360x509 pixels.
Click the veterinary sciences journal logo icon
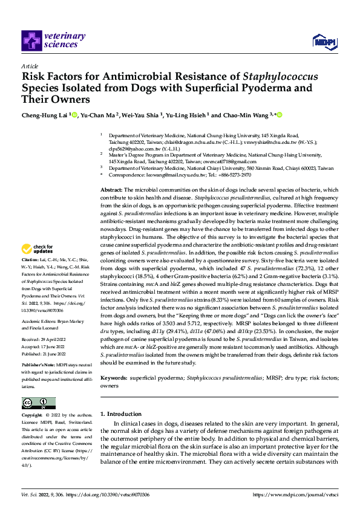[31, 41]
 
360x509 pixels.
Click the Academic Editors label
[39, 322]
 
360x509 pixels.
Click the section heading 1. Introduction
[125, 414]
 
